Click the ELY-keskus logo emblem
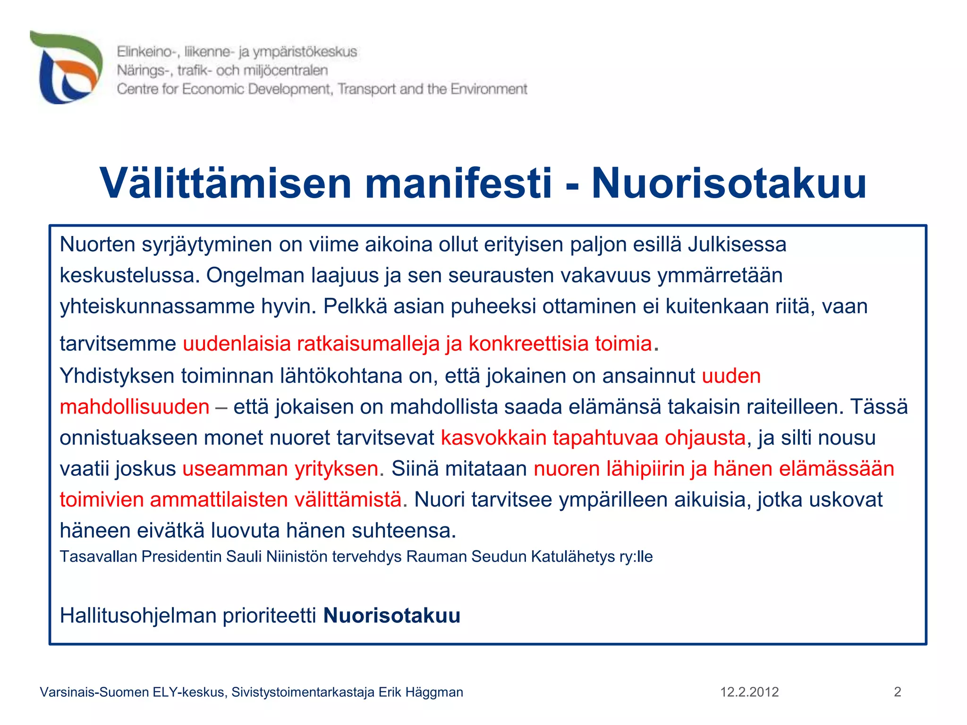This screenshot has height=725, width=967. [66, 67]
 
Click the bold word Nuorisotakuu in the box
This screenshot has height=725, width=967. [391, 615]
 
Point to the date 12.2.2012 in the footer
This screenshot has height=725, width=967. [749, 692]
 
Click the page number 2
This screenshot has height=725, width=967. [897, 692]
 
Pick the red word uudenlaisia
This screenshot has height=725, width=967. [237, 344]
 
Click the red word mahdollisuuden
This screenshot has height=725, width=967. [135, 407]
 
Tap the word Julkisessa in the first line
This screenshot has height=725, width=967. [737, 244]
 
